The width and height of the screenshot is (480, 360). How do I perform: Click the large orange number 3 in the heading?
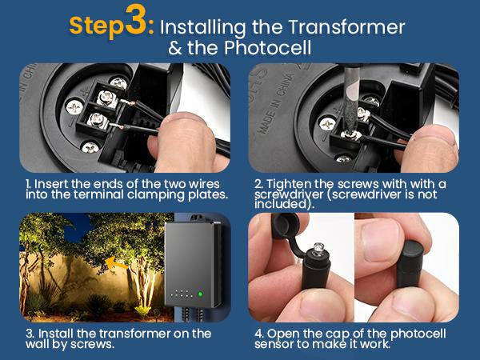click(x=136, y=20)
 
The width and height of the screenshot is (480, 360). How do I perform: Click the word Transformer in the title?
click(x=346, y=27)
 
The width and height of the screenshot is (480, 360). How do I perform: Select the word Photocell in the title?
click(x=267, y=47)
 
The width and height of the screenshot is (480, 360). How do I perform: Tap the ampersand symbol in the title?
click(x=174, y=48)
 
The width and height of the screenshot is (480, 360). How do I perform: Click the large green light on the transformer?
click(x=200, y=294)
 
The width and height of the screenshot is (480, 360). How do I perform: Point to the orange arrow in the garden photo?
click(x=116, y=263)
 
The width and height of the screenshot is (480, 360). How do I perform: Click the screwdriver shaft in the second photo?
click(x=351, y=98)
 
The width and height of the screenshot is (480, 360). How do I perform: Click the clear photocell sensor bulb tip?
click(x=318, y=249)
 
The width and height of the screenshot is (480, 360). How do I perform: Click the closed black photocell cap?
click(x=410, y=263)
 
